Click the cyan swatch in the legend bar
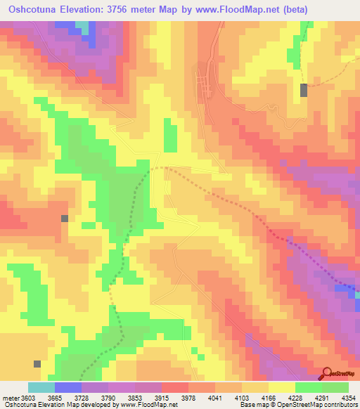(41, 387)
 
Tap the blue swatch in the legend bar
(68, 387)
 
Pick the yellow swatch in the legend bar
(281, 387)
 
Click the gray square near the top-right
(304, 90)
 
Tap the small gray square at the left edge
(65, 219)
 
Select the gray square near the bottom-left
(37, 364)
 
